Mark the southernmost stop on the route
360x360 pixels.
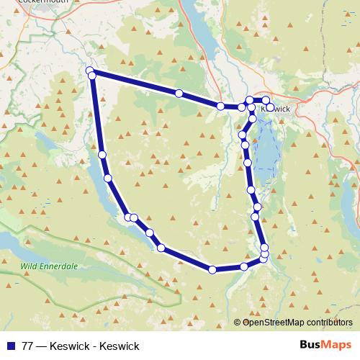coord(212,270)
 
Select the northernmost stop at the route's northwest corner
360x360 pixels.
coord(90,71)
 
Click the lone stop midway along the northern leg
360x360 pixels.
coord(179,94)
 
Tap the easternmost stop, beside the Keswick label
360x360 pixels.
coord(270,107)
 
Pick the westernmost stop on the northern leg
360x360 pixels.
coord(91,75)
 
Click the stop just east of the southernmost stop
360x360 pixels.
coord(245,266)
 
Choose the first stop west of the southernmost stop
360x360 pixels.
coord(161,248)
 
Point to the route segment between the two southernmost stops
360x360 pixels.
coord(229,269)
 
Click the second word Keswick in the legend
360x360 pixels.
coord(120,346)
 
